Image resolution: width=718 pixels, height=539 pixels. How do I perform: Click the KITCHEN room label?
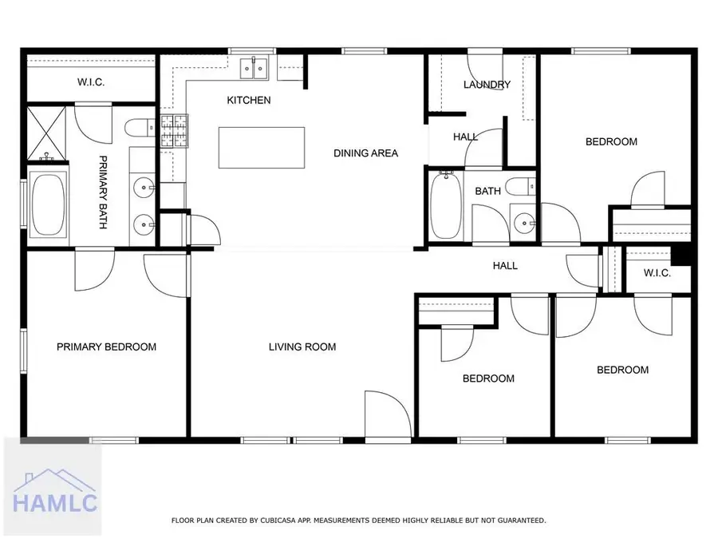click(249, 101)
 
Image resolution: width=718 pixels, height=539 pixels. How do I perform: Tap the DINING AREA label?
click(365, 153)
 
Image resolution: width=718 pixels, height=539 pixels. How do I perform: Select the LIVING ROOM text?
click(302, 347)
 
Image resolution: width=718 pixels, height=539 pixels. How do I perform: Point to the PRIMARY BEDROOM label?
click(106, 347)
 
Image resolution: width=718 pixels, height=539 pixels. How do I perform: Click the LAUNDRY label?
click(487, 85)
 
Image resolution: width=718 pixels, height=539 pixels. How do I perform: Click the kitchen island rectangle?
click(262, 148)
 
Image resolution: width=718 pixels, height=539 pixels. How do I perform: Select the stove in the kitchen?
click(173, 133)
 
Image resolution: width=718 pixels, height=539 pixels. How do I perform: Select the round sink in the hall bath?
click(523, 221)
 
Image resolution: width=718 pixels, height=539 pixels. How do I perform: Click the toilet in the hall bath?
click(526, 188)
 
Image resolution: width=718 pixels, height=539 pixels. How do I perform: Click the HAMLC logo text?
click(54, 503)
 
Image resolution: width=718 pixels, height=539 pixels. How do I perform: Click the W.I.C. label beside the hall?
click(657, 273)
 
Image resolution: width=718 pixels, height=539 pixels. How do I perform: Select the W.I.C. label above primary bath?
click(92, 82)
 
